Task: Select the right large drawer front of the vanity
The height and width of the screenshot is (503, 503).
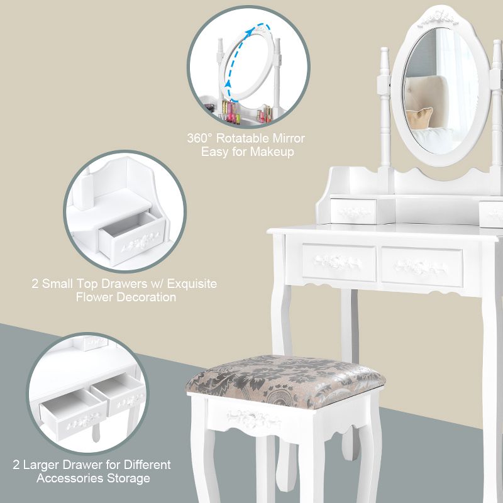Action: coord(421,265)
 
